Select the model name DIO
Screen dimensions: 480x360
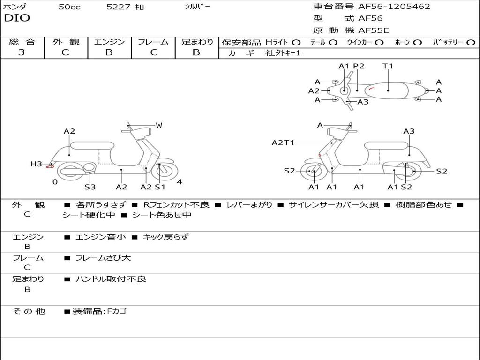[x=17, y=18]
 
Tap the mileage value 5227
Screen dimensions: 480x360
[x=116, y=7]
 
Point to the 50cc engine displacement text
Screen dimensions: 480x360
[x=69, y=7]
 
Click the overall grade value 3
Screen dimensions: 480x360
[x=22, y=52]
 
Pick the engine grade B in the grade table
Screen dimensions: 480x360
[x=109, y=52]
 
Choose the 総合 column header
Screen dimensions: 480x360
[x=22, y=42]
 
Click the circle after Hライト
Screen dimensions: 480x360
[x=296, y=42]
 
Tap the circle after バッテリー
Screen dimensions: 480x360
[x=471, y=42]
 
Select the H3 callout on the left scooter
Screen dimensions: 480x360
[x=37, y=164]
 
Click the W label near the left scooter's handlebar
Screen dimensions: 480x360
[x=159, y=125]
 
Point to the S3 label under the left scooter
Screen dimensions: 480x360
[x=90, y=187]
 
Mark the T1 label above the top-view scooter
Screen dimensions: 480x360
[x=388, y=66]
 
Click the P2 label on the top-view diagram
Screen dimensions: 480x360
[x=359, y=66]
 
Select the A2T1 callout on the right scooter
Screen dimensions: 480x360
[x=283, y=142]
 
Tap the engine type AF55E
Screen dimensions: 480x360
[x=374, y=30]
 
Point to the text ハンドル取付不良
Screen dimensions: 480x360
[x=111, y=279]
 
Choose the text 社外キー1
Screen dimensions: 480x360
[x=283, y=53]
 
